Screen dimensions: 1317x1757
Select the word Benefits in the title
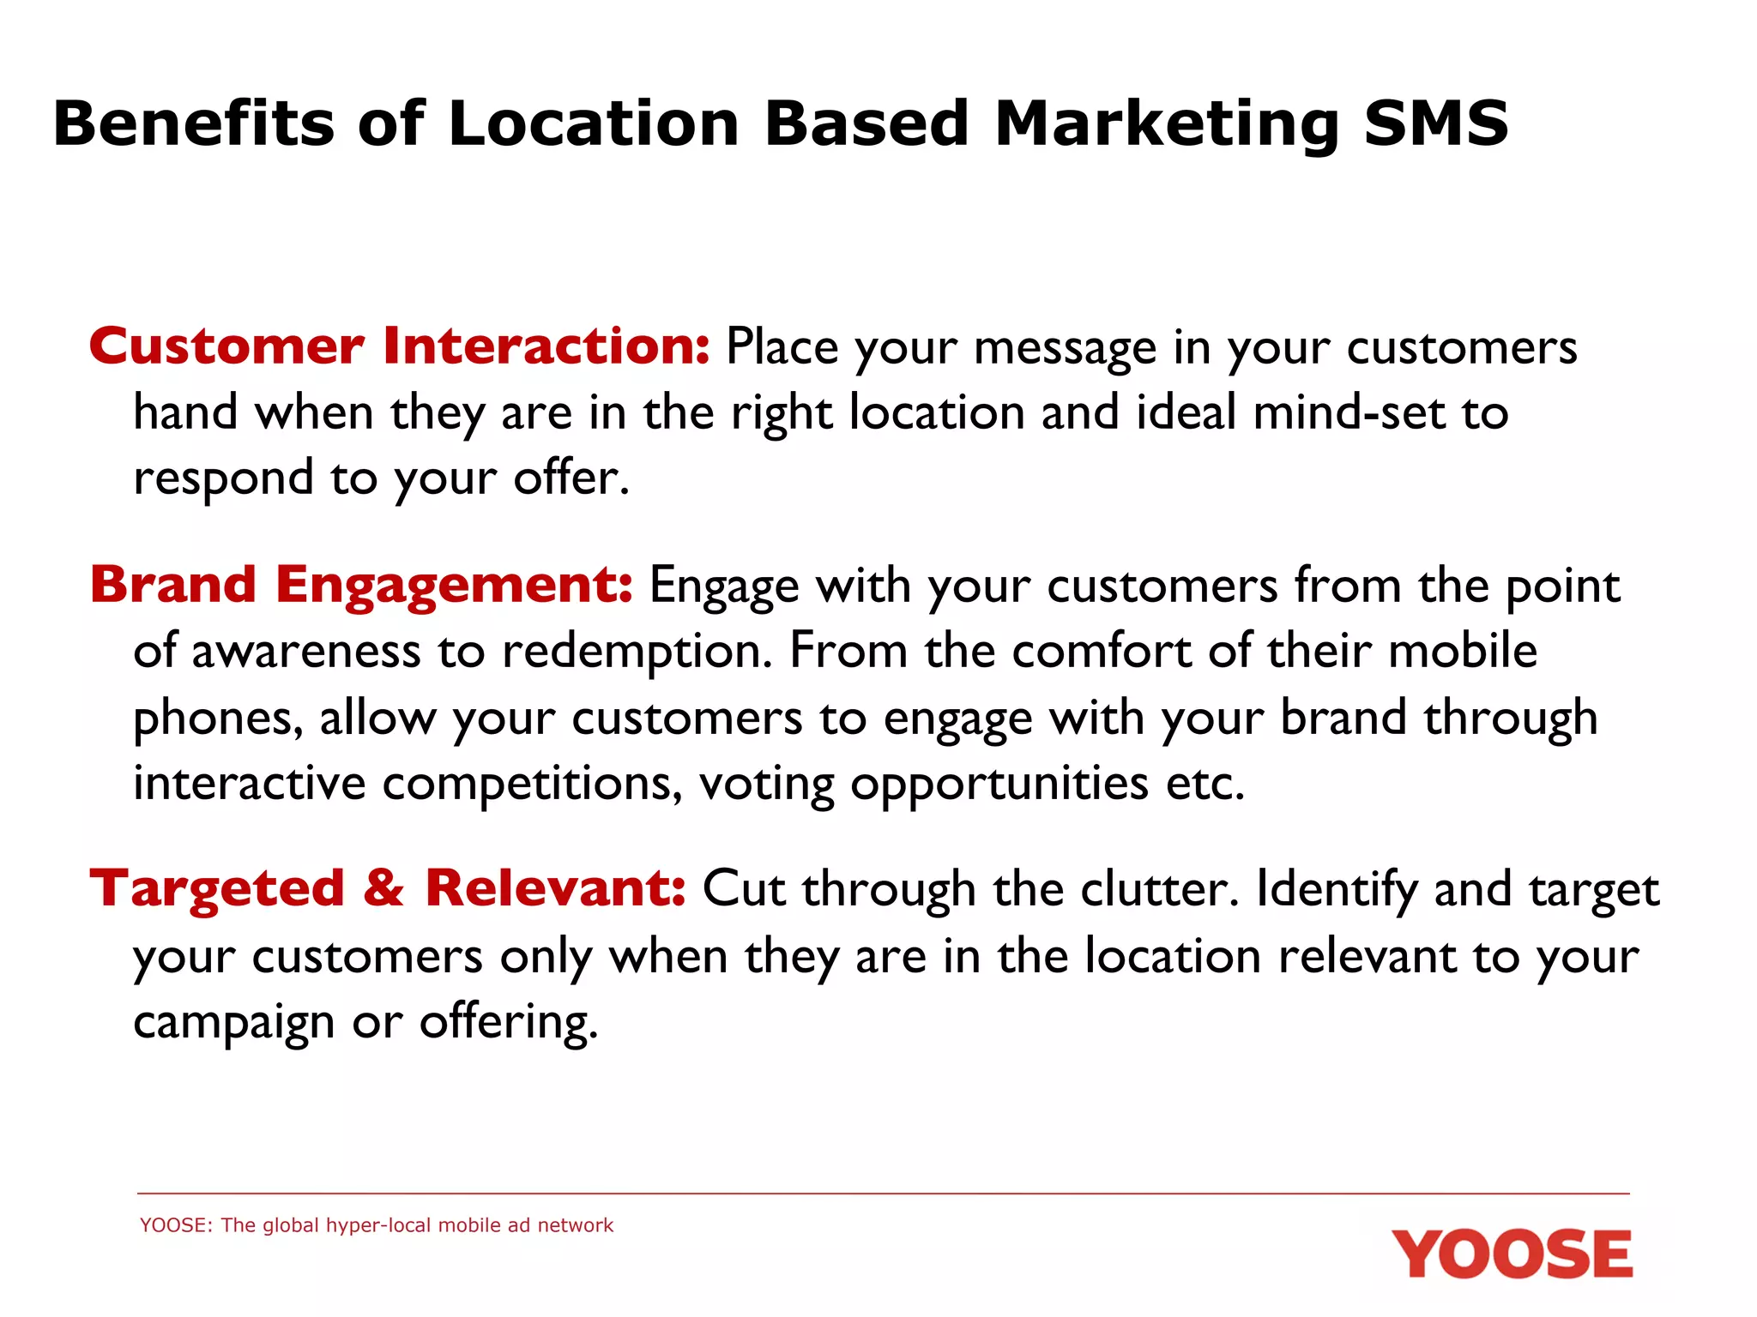(194, 123)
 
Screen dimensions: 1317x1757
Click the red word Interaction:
(546, 346)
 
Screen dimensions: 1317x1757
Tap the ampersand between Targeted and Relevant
(383, 888)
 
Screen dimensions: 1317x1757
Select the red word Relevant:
(555, 888)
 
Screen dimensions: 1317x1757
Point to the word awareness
(306, 652)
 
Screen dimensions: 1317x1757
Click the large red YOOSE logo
(1512, 1254)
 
